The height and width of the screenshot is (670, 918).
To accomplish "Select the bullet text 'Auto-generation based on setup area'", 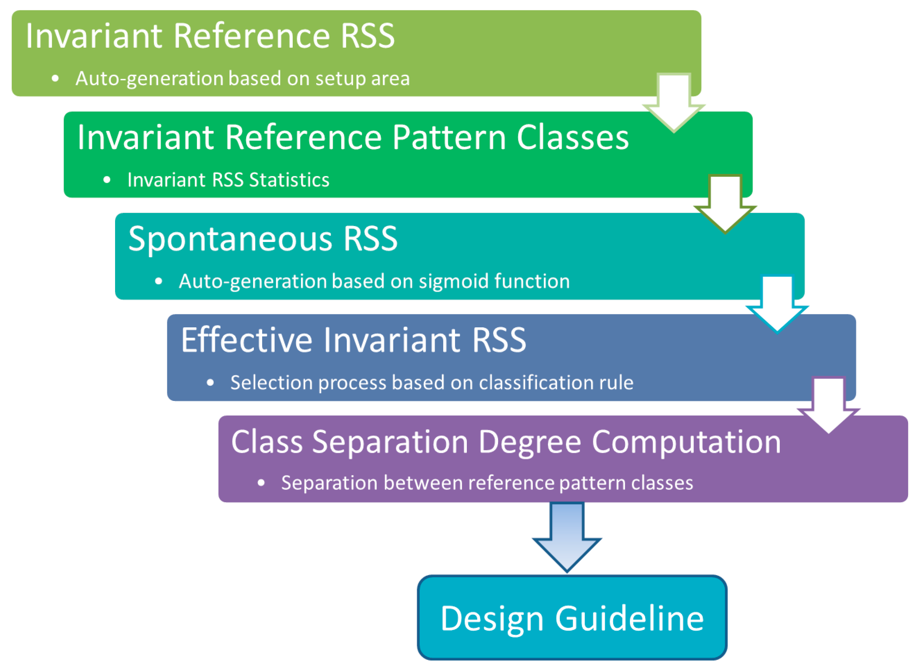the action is [x=242, y=79].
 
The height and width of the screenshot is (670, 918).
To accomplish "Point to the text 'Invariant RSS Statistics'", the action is [x=228, y=180].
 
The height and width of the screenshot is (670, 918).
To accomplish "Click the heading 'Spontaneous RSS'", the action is [x=263, y=239].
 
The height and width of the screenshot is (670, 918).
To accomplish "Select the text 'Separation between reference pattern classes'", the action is [x=487, y=483].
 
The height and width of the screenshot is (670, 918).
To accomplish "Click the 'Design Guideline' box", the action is [x=572, y=618].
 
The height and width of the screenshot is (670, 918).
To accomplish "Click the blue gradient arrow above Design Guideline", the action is [x=567, y=537].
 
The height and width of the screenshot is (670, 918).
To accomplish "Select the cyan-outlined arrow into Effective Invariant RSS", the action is [x=777, y=305].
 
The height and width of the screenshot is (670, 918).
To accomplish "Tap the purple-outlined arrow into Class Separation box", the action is [x=829, y=406].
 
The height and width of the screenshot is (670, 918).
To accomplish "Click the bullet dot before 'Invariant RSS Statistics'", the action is [x=107, y=180].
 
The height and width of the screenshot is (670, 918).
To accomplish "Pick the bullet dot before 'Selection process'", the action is [x=210, y=383].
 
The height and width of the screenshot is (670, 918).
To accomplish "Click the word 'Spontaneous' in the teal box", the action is [x=230, y=239].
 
